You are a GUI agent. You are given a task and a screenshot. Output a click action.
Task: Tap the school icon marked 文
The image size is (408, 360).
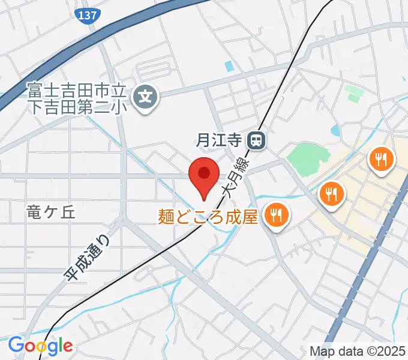145,94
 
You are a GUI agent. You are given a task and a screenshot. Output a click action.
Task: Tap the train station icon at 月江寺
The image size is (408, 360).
257,141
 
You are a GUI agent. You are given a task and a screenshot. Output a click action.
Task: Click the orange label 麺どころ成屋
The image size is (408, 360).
208,216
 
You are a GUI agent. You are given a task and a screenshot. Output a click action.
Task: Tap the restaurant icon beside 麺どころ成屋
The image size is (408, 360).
276,214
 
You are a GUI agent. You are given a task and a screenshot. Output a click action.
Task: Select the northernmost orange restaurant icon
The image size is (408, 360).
380,159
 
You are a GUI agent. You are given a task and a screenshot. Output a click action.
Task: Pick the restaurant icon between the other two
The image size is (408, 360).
330,194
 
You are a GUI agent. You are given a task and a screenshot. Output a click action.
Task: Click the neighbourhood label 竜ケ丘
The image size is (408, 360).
50,212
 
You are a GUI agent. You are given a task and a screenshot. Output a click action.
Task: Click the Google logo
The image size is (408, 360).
40,346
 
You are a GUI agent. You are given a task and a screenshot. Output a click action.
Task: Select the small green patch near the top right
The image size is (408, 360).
355,93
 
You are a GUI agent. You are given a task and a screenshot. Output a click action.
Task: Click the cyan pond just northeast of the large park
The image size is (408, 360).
334,130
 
